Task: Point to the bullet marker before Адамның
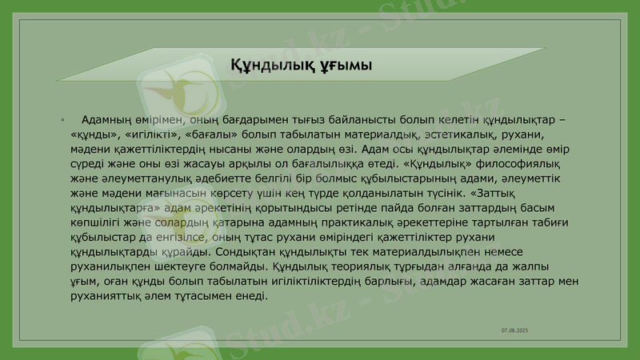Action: [62, 121]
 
